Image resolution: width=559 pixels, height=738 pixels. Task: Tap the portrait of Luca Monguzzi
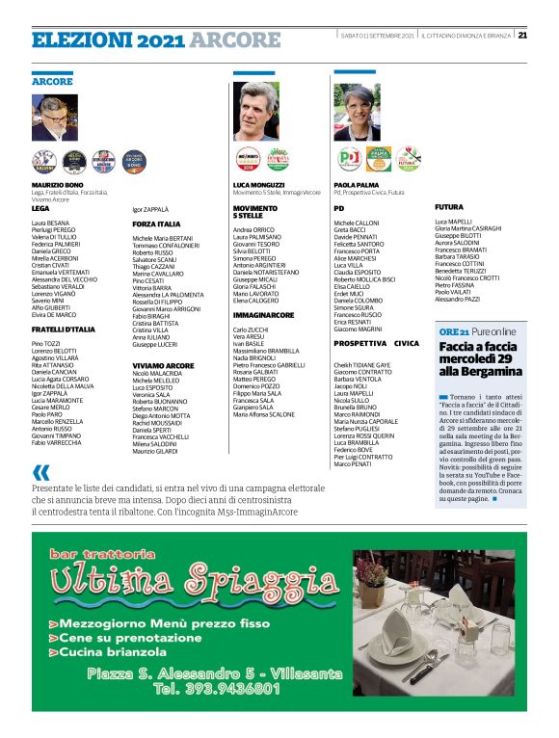(255, 112)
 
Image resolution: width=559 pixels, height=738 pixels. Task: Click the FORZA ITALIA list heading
(156, 224)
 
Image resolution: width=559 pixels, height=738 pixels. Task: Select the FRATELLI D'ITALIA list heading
(64, 329)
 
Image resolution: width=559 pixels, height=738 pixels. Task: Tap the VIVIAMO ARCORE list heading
(163, 366)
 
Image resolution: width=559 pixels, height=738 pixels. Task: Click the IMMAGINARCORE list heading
(263, 315)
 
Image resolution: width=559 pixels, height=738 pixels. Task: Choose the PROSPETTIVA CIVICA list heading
(376, 343)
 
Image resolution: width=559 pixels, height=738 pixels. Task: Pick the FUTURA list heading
(449, 207)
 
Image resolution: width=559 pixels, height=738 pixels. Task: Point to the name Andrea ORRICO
(253, 229)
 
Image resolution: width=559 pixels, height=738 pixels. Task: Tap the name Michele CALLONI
(357, 222)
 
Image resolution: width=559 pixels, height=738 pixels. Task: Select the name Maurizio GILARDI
(155, 452)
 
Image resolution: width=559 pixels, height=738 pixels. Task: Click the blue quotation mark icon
(40, 472)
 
